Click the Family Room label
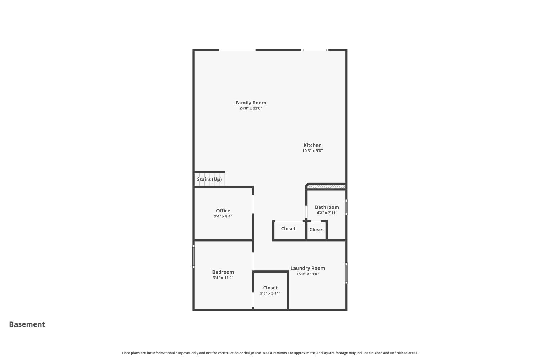tap(251, 103)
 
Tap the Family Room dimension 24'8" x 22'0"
tap(251, 108)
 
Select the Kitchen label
tap(312, 145)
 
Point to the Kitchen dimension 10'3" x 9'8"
tap(312, 151)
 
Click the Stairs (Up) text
tap(209, 179)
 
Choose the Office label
tap(223, 211)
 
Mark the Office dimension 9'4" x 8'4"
tap(223, 216)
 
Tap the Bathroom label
tap(327, 207)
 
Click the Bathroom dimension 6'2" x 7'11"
tap(327, 213)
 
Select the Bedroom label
tap(223, 272)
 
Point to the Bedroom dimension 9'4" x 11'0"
tap(223, 278)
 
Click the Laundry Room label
tap(307, 268)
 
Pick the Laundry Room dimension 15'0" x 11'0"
tap(307, 274)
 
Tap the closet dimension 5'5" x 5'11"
tap(270, 293)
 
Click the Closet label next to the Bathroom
tap(316, 230)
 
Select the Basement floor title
tap(27, 324)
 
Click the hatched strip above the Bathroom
tap(326, 186)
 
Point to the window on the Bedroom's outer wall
tap(194, 256)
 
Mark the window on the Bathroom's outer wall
tap(346, 207)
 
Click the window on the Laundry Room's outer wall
tap(346, 273)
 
